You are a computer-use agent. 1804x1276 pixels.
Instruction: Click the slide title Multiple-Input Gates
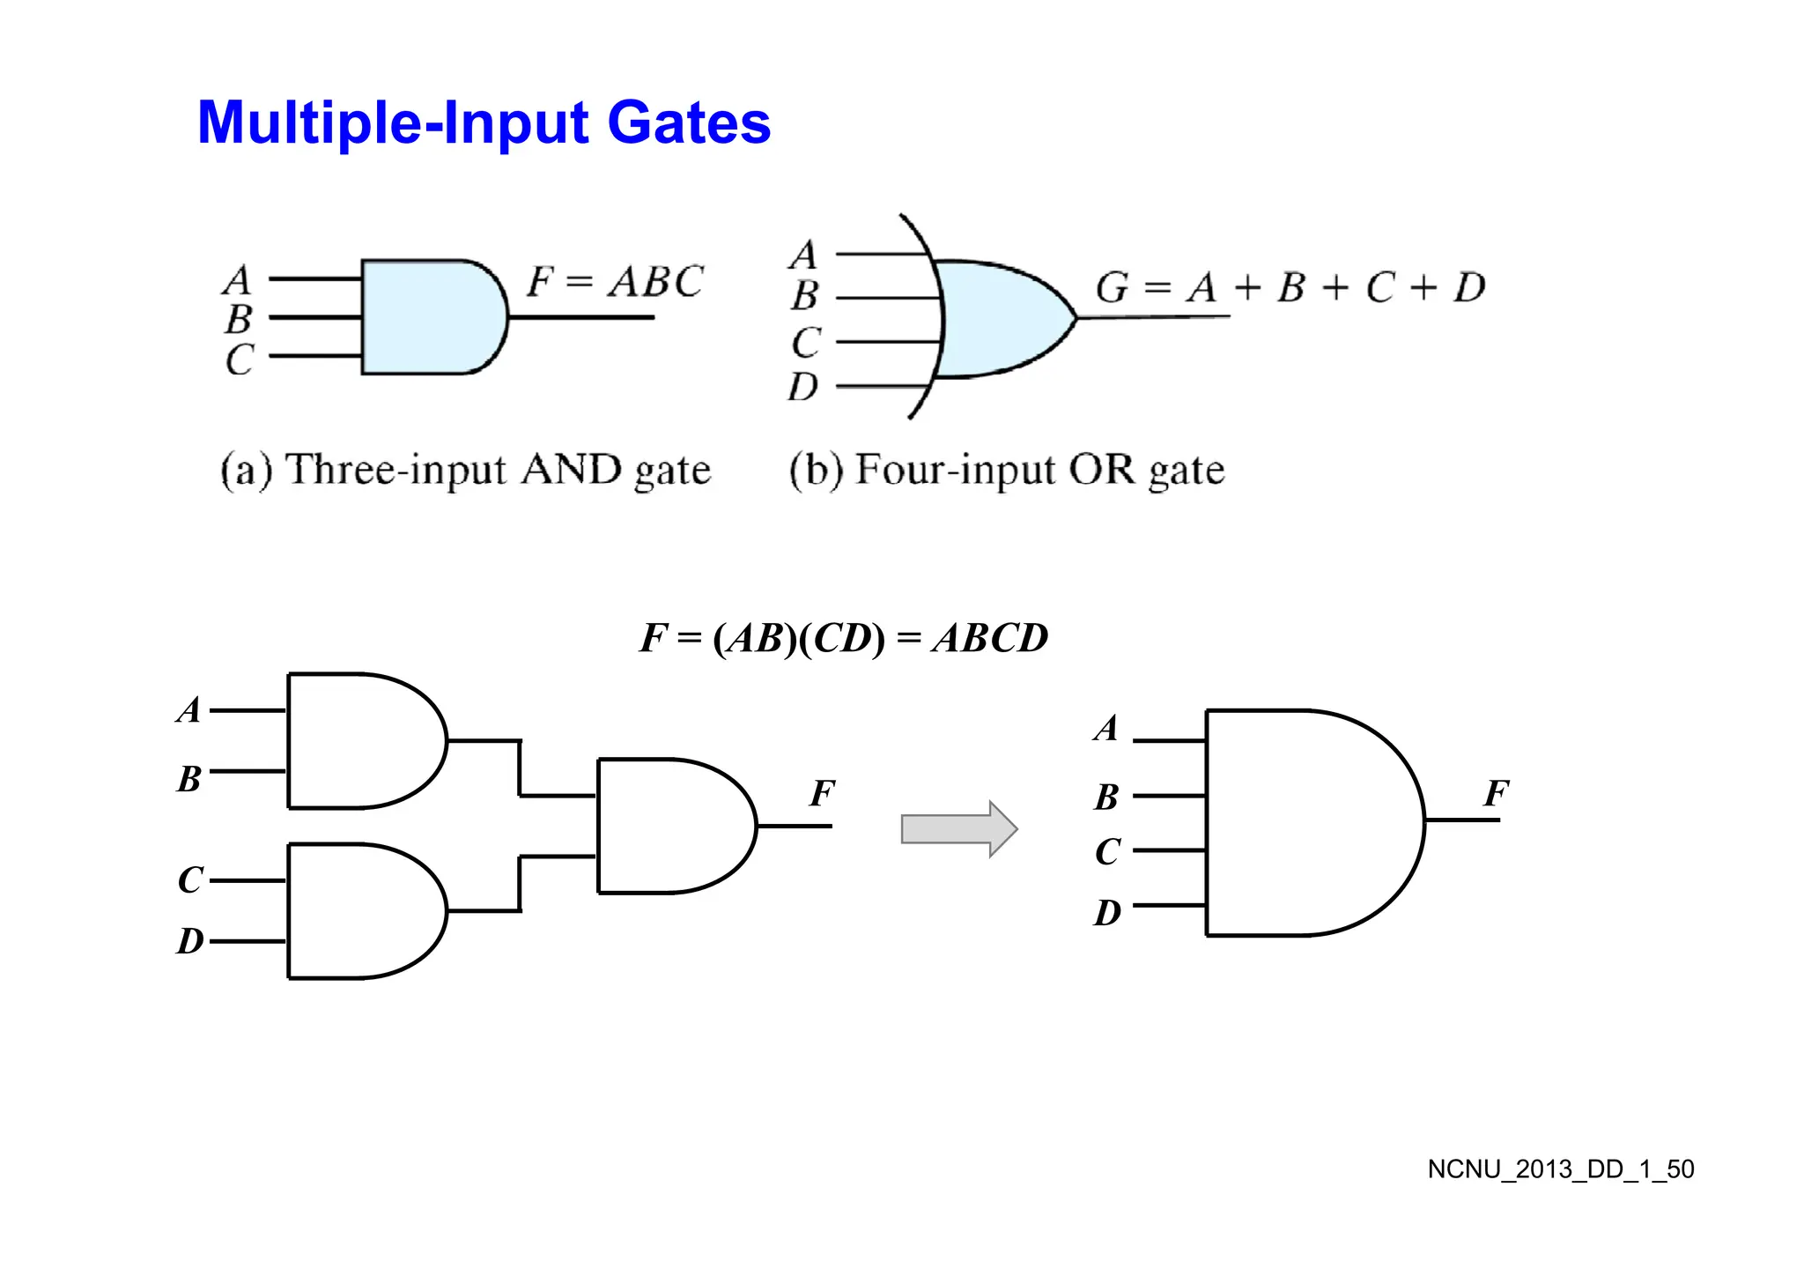484,122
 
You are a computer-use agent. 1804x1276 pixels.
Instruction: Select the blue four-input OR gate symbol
1000,319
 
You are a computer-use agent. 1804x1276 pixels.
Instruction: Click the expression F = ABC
614,282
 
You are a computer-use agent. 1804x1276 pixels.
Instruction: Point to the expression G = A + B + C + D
1290,287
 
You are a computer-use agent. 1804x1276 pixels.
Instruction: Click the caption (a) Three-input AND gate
465,470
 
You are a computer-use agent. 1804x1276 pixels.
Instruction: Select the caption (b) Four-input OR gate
1006,470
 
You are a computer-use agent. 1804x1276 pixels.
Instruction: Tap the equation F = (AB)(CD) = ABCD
844,638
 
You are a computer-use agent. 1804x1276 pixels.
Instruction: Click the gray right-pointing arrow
958,829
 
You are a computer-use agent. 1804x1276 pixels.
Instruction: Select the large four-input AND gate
1308,822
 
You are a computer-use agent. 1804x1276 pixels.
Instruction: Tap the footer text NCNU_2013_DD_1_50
1560,1169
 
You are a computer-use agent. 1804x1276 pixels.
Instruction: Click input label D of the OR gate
802,387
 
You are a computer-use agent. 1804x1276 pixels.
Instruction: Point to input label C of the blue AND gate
239,360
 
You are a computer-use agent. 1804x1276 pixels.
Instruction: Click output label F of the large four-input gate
1495,793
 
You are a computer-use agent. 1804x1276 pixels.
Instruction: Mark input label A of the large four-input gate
1106,729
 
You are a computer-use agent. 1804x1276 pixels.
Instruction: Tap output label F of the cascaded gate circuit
821,793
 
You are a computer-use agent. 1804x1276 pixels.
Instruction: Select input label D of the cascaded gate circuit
190,941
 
